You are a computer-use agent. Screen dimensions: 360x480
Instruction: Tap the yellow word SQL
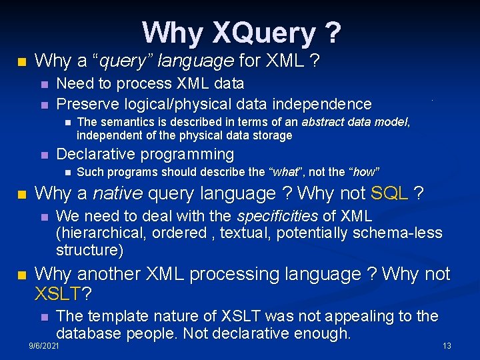tap(389, 194)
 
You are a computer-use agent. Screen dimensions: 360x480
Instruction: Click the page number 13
tap(447, 346)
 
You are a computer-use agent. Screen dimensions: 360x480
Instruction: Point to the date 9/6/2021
tap(44, 346)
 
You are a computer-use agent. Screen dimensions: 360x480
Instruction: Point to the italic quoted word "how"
tap(364, 172)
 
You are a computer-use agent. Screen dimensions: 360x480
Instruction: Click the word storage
tap(271, 135)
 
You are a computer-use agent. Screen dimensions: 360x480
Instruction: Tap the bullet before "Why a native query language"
tap(22, 195)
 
